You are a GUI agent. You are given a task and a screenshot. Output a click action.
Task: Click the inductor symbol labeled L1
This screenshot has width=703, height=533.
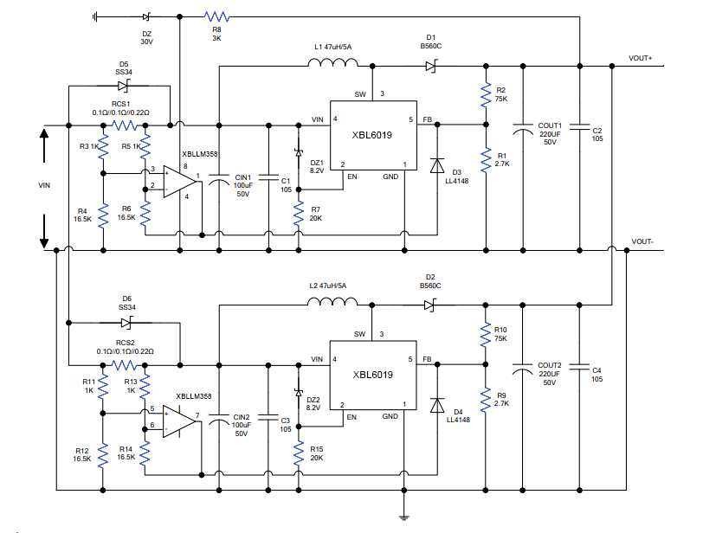(332, 62)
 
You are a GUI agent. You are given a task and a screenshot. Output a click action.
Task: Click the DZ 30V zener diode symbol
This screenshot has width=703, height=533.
(146, 16)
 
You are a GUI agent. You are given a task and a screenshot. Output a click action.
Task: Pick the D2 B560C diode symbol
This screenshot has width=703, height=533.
(429, 304)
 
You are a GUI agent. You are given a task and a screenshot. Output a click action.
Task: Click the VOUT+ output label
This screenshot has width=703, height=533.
(641, 58)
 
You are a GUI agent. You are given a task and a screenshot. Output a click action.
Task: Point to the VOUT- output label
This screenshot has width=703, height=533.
(643, 241)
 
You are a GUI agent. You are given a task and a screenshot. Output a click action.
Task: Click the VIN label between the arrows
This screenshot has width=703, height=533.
(45, 184)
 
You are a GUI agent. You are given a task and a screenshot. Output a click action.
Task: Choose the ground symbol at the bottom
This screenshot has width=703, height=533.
(403, 517)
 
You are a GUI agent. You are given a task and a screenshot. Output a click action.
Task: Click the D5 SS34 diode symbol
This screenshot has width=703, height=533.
(125, 85)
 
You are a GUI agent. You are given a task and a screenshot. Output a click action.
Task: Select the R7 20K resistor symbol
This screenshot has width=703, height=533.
(299, 212)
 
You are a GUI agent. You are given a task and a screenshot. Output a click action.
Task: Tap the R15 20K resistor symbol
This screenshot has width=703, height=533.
(299, 452)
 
